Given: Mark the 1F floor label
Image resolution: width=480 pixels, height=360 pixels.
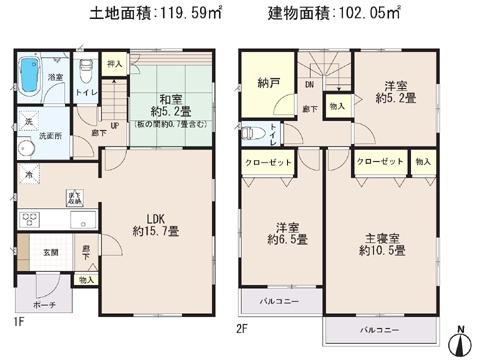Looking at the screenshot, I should pyautogui.click(x=16, y=324).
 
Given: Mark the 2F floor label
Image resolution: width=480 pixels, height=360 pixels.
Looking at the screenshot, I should pyautogui.click(x=241, y=326).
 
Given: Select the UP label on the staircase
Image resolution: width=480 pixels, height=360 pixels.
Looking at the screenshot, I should pyautogui.click(x=116, y=126).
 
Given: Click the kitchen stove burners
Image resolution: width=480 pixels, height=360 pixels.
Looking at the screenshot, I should pyautogui.click(x=30, y=221).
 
